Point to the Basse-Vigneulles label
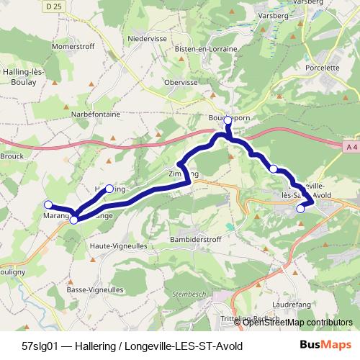click(x=91, y=289)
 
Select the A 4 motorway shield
click(x=351, y=147)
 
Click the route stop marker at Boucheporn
click(x=228, y=120)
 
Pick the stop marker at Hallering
click(x=109, y=189)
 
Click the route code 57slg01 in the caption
click(x=42, y=346)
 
